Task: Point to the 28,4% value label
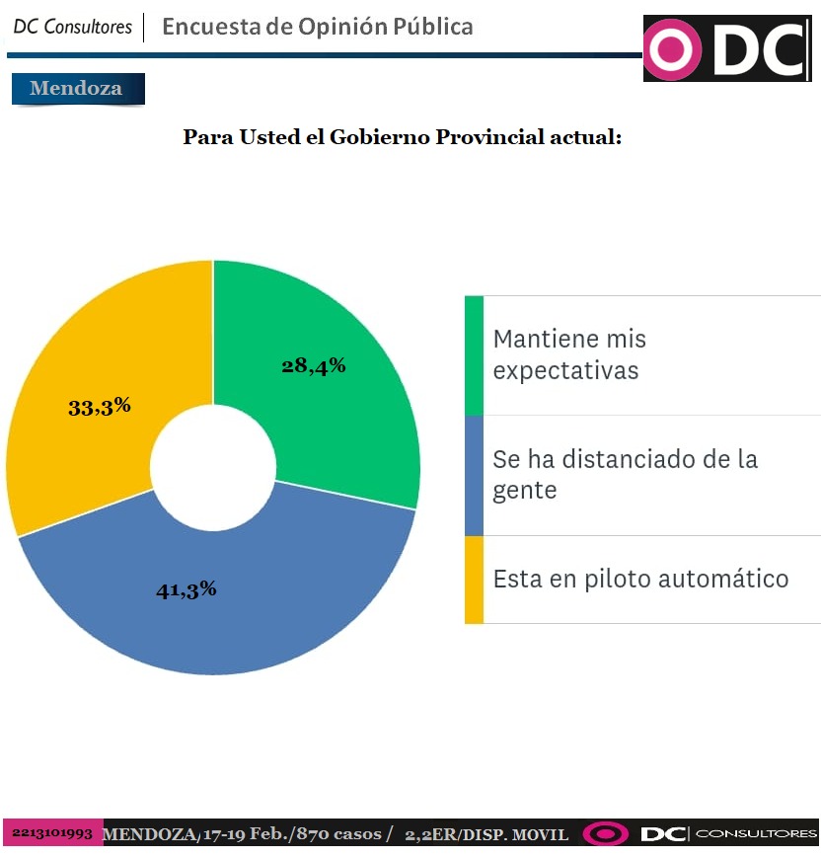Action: [x=313, y=366]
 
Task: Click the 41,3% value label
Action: [x=187, y=590]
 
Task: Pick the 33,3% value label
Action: [x=100, y=406]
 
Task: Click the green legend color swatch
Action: [x=474, y=354]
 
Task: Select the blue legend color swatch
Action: [x=474, y=475]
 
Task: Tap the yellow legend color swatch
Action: [x=474, y=580]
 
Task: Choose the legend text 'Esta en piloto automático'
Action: [x=640, y=579]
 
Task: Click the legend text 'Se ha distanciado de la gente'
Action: [x=625, y=475]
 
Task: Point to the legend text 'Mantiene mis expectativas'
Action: [x=569, y=354]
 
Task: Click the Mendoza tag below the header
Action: [x=77, y=89]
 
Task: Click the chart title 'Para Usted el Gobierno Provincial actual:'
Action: [x=402, y=137]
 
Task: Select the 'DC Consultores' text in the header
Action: [x=72, y=28]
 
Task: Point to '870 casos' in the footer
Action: [x=350, y=834]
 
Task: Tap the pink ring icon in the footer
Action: [x=605, y=834]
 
